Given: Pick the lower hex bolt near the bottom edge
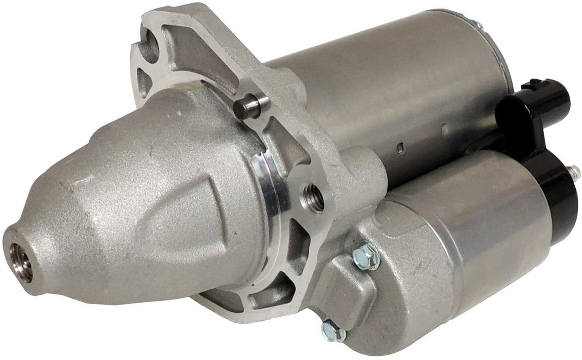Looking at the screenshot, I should click(x=333, y=330).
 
